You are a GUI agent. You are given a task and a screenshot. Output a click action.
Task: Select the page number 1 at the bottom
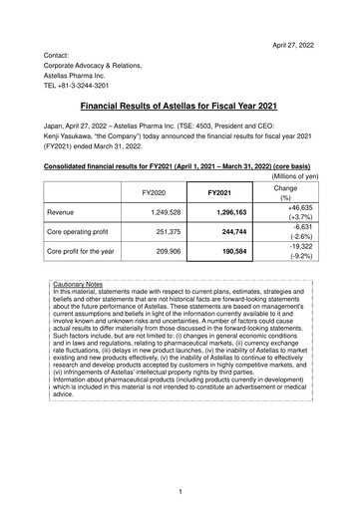pyautogui.click(x=180, y=492)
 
